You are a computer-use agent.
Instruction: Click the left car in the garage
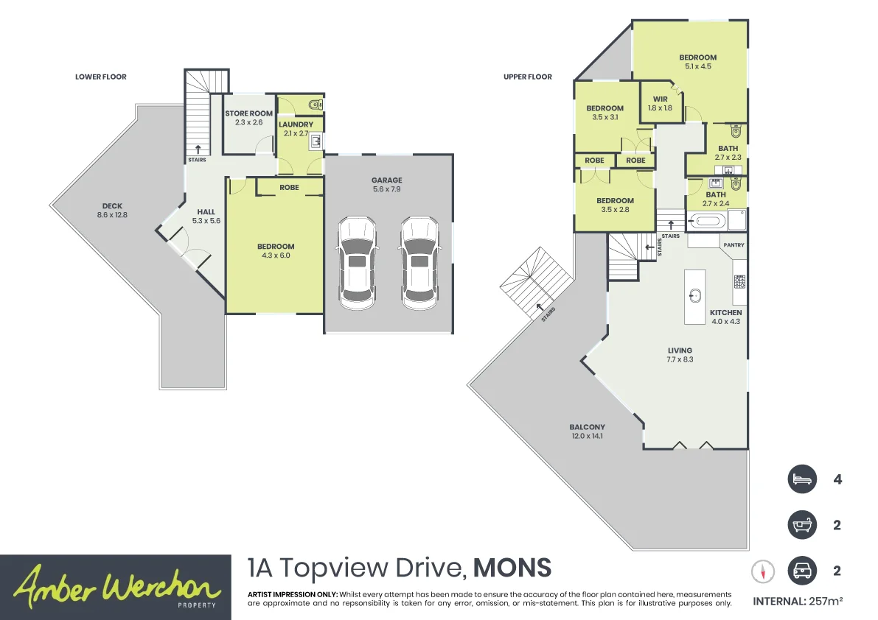click(358, 262)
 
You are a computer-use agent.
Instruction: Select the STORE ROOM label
click(248, 113)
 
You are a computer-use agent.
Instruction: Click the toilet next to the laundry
click(316, 104)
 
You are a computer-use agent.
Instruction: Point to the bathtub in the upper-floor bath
click(707, 221)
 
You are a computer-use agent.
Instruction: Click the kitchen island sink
click(695, 295)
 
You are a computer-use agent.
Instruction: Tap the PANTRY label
click(734, 245)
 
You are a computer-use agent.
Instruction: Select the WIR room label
click(661, 99)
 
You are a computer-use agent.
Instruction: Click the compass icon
click(763, 571)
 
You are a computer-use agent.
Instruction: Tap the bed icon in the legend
click(802, 479)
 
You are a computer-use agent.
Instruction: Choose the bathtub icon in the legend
click(802, 525)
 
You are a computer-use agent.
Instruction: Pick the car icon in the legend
click(802, 571)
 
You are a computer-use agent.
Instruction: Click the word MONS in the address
click(512, 568)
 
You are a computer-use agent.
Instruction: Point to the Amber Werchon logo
click(115, 587)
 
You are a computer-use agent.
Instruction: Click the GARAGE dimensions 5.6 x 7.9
click(387, 189)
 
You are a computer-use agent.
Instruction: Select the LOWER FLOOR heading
click(101, 77)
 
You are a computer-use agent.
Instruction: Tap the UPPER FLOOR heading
click(528, 77)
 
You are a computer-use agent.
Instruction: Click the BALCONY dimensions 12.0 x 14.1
click(588, 436)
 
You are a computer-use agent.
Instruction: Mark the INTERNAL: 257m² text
click(798, 602)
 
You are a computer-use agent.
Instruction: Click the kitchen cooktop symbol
click(739, 282)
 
